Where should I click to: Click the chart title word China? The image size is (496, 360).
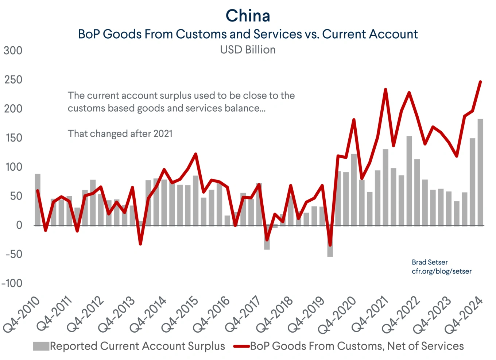tap(248, 16)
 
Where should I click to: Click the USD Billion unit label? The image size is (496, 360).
tap(248, 50)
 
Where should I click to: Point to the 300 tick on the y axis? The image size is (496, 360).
tap(13, 50)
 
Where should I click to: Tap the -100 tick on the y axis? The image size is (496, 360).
tap(12, 283)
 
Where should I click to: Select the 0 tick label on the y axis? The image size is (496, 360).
tap(19, 225)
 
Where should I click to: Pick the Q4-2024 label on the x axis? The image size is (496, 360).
tap(464, 314)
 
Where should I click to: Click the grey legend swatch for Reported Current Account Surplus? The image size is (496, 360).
tap(41, 346)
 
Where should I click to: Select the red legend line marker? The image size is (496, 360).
tap(241, 346)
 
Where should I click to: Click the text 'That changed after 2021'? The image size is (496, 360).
tap(120, 133)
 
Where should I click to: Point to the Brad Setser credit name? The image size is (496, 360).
tap(429, 262)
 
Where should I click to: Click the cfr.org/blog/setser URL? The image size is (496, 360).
tap(441, 271)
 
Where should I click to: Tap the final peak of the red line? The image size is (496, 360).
tap(480, 82)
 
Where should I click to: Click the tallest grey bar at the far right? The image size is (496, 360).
tap(480, 171)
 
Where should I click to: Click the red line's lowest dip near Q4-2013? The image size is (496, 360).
tap(140, 244)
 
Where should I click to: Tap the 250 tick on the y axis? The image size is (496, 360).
tap(13, 80)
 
